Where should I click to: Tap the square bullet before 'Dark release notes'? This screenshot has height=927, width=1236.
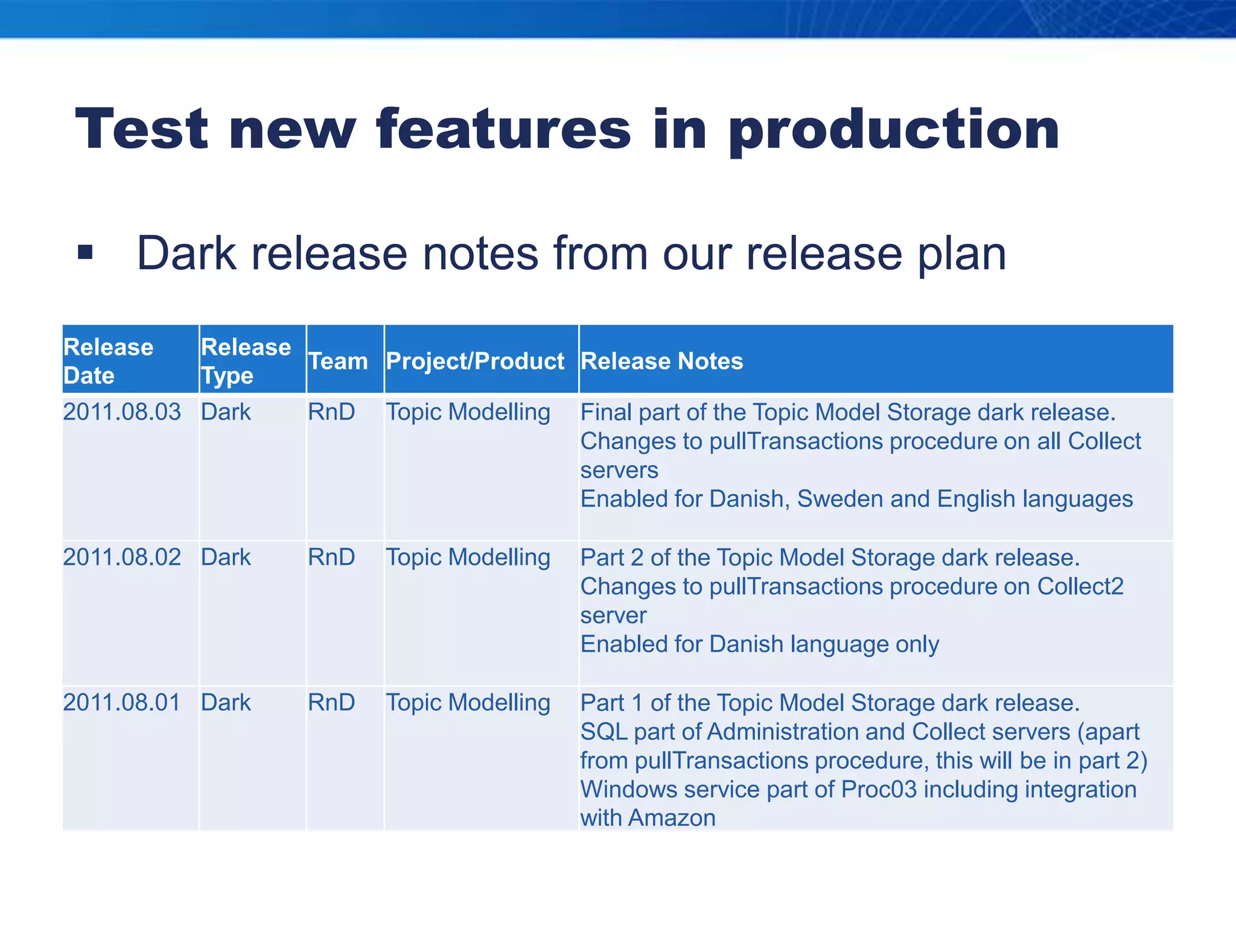point(85,252)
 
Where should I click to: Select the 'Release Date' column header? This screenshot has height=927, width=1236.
point(108,361)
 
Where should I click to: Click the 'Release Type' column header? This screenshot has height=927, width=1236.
point(246,361)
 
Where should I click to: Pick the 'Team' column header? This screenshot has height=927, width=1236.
point(338,361)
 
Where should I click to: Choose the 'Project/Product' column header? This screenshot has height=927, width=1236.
point(475,361)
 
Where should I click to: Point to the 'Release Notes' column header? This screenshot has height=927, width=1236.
point(661,361)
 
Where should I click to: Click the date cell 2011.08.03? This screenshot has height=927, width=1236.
point(122,412)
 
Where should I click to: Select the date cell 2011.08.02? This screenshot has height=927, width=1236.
point(122,557)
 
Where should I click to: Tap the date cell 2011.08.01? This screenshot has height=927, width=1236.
point(122,702)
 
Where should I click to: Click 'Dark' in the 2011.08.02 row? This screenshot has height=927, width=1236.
point(226,557)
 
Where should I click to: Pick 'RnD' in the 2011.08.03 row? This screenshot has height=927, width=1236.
point(331,412)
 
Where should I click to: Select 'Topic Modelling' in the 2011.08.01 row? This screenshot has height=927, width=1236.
point(468,702)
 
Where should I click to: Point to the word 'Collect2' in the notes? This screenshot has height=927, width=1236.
point(1080,587)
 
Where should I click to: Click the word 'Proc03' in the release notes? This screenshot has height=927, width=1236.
point(879,789)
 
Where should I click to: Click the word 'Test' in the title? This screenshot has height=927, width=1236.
point(142,130)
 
